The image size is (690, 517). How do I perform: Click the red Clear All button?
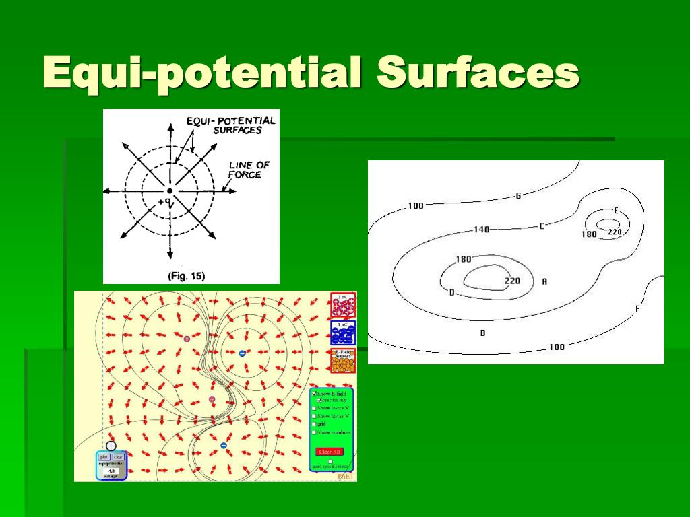[x=329, y=452]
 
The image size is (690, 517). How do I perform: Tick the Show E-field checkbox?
[x=314, y=394]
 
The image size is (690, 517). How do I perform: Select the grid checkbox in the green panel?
[x=314, y=424]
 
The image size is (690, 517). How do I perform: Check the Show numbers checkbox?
[x=314, y=432]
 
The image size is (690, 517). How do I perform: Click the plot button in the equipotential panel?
[x=105, y=457]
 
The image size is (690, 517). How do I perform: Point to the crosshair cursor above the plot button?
[x=111, y=445]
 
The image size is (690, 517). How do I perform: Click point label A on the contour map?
[x=544, y=281]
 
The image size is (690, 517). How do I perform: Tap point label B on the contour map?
[x=482, y=333]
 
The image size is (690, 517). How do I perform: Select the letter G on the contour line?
[x=518, y=196]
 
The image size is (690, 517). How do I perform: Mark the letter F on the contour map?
[x=637, y=308]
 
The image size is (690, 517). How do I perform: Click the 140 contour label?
[x=481, y=230]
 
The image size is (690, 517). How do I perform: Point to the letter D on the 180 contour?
[x=451, y=291]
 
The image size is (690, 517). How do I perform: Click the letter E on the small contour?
[x=616, y=211]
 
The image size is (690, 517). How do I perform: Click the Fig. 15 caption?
[x=186, y=275]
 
